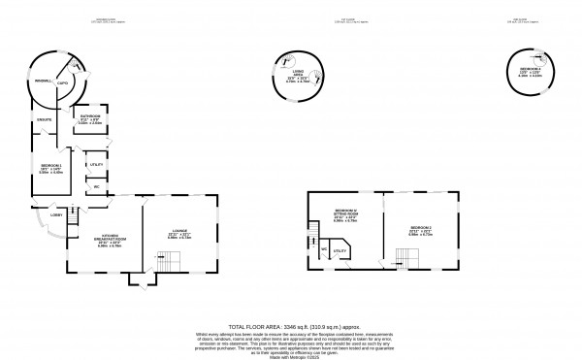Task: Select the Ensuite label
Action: click(44, 119)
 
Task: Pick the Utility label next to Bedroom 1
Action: click(96, 165)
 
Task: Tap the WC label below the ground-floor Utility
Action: click(97, 186)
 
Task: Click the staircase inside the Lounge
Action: click(170, 259)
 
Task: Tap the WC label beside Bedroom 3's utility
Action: click(323, 250)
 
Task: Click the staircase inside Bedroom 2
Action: click(405, 257)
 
